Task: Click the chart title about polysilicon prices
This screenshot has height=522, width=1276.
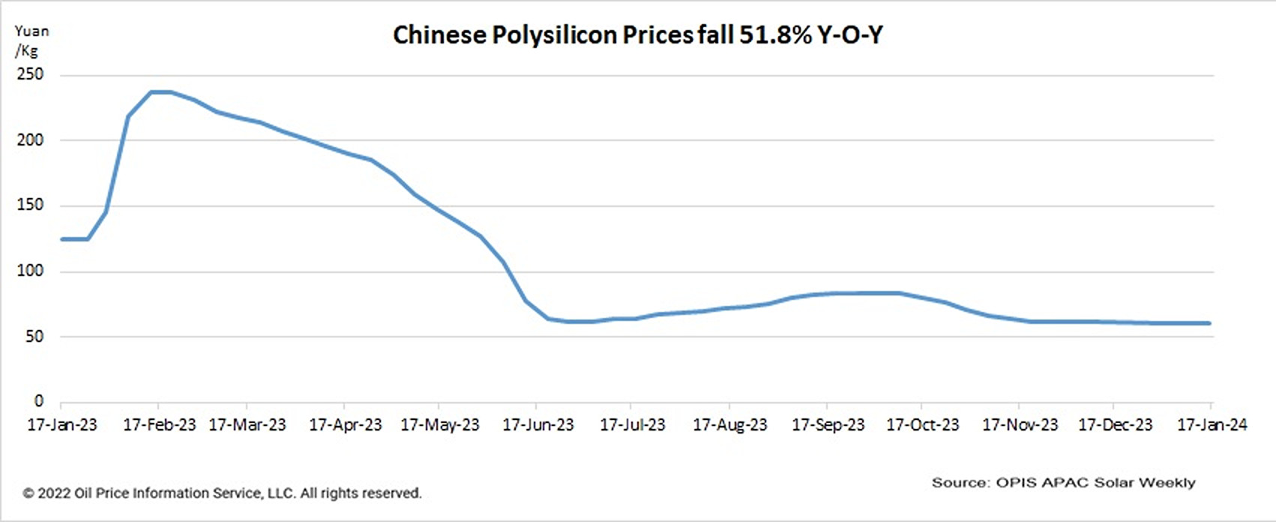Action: click(x=637, y=35)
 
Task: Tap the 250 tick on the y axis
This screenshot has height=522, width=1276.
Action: click(x=30, y=75)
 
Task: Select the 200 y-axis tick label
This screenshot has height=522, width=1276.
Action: click(x=30, y=140)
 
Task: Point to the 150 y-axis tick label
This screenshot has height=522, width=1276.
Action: click(x=30, y=205)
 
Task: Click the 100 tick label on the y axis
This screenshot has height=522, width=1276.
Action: click(x=30, y=271)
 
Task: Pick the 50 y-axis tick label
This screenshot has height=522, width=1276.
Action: click(x=34, y=337)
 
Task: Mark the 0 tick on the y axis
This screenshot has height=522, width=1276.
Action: click(x=39, y=401)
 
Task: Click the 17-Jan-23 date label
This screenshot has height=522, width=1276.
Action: click(x=62, y=425)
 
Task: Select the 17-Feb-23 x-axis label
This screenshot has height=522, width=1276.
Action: click(x=159, y=425)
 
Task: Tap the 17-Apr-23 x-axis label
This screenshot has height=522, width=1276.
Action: click(x=345, y=425)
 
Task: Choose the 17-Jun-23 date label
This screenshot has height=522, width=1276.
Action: click(x=538, y=425)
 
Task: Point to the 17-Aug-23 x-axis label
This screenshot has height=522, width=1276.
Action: click(x=729, y=425)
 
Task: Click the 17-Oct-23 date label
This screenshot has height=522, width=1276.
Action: click(x=922, y=425)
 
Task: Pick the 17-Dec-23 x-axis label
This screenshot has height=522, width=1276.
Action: click(x=1115, y=425)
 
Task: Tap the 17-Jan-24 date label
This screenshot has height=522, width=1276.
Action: click(x=1212, y=425)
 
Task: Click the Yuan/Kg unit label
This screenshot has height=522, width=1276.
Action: click(x=31, y=41)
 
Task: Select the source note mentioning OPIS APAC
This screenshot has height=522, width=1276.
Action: click(x=1063, y=483)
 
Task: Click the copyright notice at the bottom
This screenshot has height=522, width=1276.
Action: click(x=222, y=493)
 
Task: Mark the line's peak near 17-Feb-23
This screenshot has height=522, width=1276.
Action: click(x=161, y=92)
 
